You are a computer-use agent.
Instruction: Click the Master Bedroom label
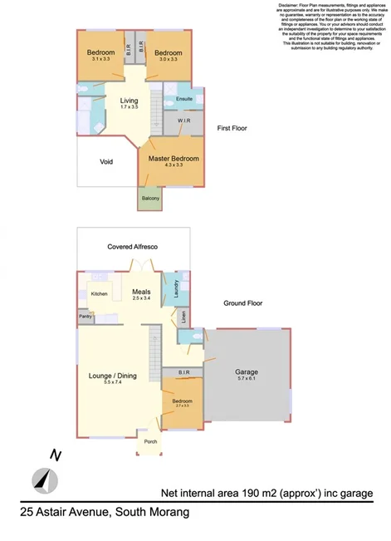coord(174,158)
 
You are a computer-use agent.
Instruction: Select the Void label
coord(106,162)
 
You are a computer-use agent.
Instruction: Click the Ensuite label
coord(184,99)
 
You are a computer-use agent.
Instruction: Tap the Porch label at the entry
coord(150,441)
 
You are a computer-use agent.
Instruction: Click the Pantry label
coord(86,316)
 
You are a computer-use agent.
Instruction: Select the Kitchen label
coord(100,294)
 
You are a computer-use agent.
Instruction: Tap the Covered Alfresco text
coord(133,248)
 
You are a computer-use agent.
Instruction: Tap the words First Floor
coord(232,129)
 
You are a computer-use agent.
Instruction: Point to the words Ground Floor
coord(242,303)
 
